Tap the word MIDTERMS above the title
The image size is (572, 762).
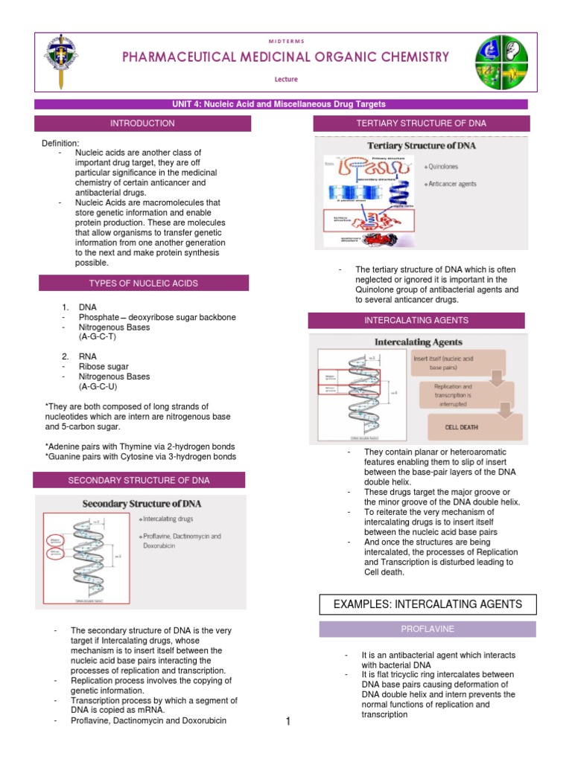click(287, 40)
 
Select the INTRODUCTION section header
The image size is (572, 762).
click(142, 124)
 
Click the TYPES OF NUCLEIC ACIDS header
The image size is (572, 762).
click(144, 284)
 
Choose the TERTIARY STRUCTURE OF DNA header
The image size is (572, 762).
click(422, 124)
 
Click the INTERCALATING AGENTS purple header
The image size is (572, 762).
click(416, 321)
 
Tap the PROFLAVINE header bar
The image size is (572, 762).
click(428, 630)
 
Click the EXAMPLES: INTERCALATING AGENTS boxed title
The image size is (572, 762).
click(428, 603)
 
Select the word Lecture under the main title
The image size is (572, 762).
click(287, 77)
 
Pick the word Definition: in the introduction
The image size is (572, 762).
click(60, 143)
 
